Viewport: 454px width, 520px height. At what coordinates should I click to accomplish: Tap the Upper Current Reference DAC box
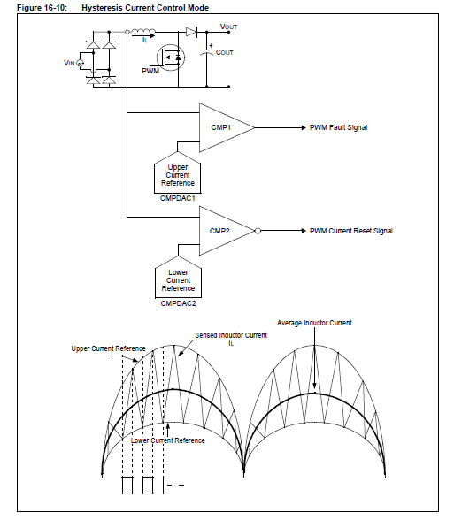coord(178,173)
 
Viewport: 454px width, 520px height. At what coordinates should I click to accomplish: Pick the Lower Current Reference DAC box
coord(178,278)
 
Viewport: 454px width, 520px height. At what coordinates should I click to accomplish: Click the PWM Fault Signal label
coord(338,127)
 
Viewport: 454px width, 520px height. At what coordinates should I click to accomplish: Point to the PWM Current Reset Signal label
coord(351,231)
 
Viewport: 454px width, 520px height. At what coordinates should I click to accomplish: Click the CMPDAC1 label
coord(178,198)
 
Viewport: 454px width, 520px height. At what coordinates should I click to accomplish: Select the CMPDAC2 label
coord(178,303)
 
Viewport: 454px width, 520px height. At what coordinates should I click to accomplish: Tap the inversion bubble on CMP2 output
coord(258,231)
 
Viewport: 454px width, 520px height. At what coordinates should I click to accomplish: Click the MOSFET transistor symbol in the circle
coord(171,58)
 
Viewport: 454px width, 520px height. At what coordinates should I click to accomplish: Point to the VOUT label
coord(228,27)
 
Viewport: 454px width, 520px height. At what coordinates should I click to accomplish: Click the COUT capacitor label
coord(225,52)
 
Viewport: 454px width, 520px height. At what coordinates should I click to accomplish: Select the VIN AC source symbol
coord(81,63)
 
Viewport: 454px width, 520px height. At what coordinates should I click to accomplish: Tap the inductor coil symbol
coord(143,31)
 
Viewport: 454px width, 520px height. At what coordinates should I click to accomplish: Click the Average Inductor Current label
coord(314,323)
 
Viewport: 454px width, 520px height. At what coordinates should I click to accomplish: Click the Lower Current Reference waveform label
coord(167,440)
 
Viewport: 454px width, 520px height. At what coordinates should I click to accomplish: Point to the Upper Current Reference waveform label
coord(109,348)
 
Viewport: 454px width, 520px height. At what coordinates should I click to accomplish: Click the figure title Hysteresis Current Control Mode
coord(145,8)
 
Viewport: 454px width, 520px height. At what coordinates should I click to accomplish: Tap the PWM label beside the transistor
coord(150,71)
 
